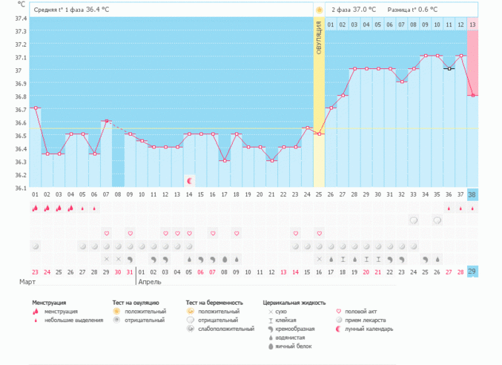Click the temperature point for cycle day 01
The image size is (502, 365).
[x=35, y=108]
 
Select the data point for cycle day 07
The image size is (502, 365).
[x=106, y=121]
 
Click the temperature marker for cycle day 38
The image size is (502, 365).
[x=472, y=95]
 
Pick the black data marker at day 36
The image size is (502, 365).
[x=449, y=69]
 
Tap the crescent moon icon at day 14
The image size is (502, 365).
[x=189, y=180]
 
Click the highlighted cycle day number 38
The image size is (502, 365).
[x=472, y=194]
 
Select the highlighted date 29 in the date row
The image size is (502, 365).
[x=472, y=272]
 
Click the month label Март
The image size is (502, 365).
[x=27, y=283]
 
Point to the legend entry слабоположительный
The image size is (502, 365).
[x=220, y=329]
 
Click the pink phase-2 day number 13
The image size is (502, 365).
[x=472, y=24]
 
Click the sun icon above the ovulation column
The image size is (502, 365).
[x=319, y=10]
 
